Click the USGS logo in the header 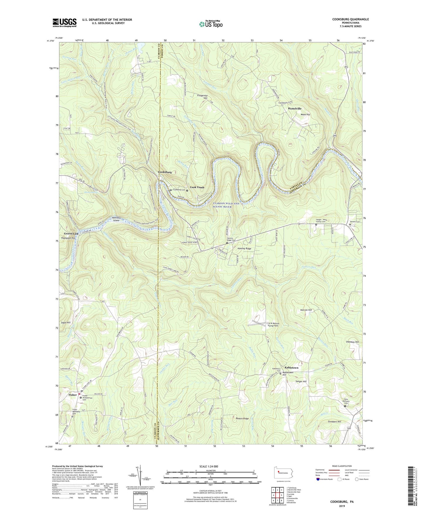65,23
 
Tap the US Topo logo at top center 210,24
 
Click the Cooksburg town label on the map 165,172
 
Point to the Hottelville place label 295,108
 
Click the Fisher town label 72,395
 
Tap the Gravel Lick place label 71,234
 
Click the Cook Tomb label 197,187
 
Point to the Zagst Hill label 66,323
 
